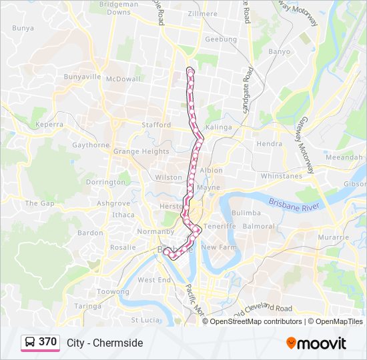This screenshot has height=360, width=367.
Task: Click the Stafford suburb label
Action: (157, 125)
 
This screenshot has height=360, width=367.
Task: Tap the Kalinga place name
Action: (219, 127)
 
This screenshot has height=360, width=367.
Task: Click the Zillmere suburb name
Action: (202, 13)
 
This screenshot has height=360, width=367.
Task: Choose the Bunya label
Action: (23, 28)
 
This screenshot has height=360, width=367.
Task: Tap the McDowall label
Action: (124, 79)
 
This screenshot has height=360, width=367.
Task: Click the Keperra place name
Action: (49, 125)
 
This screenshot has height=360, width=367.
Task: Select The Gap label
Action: (39, 203)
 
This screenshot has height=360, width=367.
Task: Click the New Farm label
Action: (219, 247)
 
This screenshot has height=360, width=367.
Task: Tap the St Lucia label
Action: (144, 320)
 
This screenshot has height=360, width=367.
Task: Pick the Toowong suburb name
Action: (113, 292)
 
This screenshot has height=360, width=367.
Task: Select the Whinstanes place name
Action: (282, 176)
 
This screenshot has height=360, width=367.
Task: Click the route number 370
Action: (47, 342)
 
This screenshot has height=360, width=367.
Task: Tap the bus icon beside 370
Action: (30, 343)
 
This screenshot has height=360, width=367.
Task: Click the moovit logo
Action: (316, 343)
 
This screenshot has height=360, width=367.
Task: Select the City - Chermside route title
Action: (105, 343)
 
